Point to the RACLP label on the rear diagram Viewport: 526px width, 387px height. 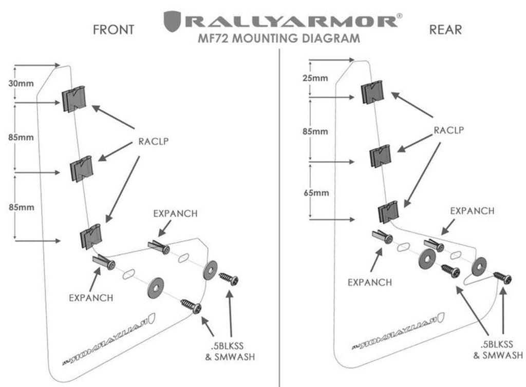pos(448,130)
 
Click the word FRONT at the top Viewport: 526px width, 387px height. pos(114,29)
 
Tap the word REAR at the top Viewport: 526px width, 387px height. pos(446,29)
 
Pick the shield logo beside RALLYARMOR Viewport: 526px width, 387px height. pos(172,22)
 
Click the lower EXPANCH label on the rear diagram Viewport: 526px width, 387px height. pos(369,282)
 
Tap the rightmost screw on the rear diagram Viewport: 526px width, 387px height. pos(503,278)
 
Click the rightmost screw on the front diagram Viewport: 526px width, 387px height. pos(229,280)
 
